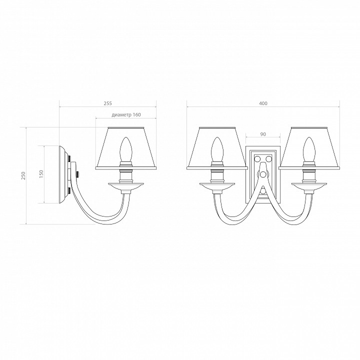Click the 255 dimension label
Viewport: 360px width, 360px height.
click(x=107, y=103)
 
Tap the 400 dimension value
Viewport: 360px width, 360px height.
click(x=263, y=103)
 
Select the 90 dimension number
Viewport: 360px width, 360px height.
click(x=263, y=134)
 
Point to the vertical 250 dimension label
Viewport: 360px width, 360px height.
click(x=23, y=175)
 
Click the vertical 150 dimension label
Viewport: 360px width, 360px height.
click(x=41, y=174)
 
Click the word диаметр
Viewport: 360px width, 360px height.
click(x=121, y=115)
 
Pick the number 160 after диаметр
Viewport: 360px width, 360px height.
click(x=136, y=115)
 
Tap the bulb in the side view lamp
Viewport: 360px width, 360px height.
click(x=126, y=149)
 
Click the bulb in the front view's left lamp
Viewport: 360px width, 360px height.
click(x=217, y=149)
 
